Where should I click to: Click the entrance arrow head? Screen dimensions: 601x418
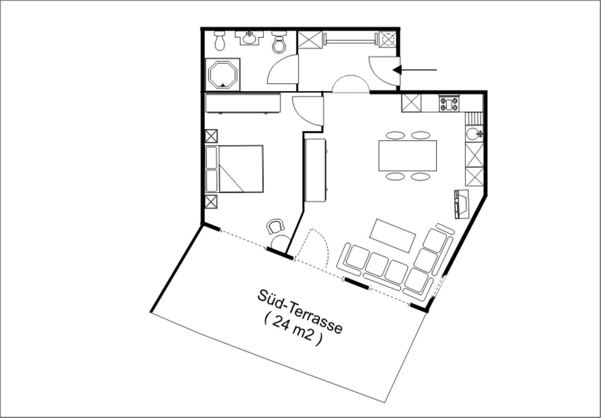[x=397, y=70]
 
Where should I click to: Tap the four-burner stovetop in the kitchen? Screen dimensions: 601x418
[x=449, y=104]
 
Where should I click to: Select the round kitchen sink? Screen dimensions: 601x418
[x=474, y=133]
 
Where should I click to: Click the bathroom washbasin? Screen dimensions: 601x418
[x=249, y=38]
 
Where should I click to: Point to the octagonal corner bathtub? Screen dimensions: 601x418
[x=223, y=75]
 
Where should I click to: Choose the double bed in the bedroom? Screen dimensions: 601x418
[x=234, y=169]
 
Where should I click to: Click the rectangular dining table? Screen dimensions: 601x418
[x=407, y=156]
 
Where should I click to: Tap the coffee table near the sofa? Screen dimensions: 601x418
[x=392, y=236]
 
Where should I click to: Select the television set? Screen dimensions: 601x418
[x=461, y=204]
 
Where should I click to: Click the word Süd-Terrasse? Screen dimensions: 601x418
[x=300, y=312]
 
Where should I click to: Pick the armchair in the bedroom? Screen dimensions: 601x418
[x=275, y=226]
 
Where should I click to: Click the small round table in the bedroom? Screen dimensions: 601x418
[x=280, y=242]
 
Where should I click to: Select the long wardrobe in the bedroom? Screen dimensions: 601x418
[x=243, y=103]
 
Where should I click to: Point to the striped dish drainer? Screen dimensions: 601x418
[x=474, y=118]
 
